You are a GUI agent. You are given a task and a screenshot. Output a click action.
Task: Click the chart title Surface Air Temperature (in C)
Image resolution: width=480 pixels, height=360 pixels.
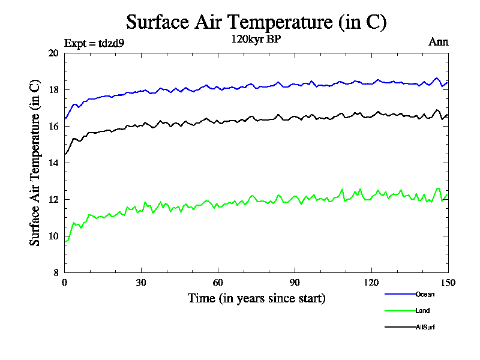tap(256, 22)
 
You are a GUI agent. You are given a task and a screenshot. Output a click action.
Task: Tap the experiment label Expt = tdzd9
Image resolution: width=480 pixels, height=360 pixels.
tap(94, 43)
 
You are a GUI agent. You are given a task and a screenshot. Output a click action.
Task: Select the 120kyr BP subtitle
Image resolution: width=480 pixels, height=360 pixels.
tap(256, 40)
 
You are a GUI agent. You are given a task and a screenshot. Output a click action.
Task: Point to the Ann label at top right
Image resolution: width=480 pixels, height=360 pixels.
tap(438, 42)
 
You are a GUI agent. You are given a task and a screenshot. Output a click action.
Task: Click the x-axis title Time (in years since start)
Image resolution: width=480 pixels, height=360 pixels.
tap(256, 298)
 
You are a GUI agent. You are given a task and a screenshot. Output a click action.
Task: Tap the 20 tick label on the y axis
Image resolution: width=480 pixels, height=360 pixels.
tap(53, 53)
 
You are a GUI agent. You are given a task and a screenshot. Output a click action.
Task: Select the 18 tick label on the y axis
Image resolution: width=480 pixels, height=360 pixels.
tap(53, 90)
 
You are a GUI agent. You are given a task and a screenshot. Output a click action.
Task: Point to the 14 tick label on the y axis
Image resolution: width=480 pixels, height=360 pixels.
tap(53, 163)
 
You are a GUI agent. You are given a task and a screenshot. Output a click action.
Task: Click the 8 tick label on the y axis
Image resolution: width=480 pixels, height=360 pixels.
tap(56, 272)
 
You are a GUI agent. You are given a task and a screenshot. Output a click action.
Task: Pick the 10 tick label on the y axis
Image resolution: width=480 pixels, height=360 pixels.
tap(53, 236)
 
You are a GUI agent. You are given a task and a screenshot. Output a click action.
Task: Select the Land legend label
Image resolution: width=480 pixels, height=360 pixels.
tap(422, 311)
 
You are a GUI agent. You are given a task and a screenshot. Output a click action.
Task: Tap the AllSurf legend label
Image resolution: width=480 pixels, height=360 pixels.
tap(425, 328)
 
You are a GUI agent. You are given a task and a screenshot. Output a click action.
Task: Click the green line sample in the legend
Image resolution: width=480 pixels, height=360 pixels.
tap(400, 311)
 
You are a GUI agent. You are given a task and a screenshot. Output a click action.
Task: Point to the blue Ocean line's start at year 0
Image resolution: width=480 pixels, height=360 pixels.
tap(65, 118)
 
